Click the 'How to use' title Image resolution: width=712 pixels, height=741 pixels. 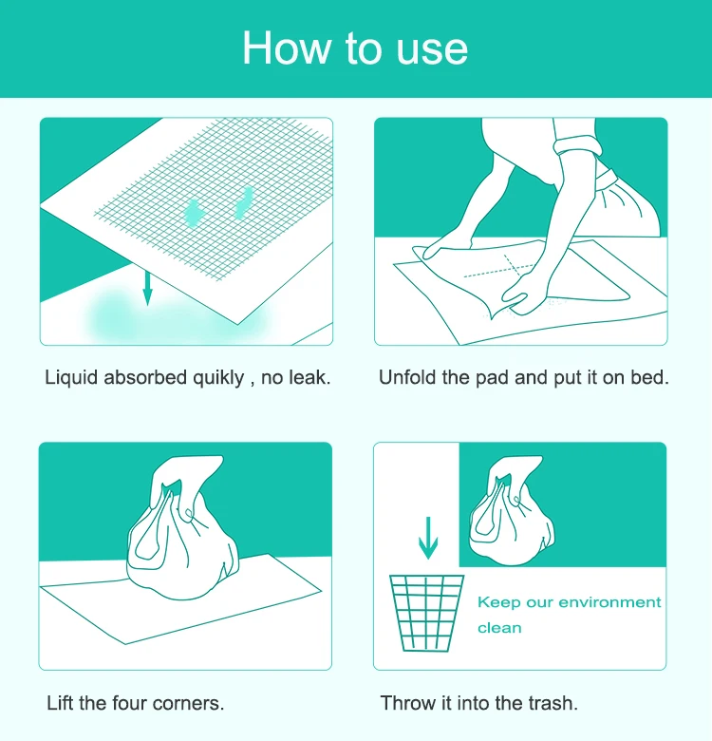[x=355, y=48]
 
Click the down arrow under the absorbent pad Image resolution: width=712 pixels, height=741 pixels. [x=148, y=288]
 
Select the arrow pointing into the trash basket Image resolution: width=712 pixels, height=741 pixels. [x=428, y=539]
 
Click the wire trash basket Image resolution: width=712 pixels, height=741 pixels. [x=427, y=613]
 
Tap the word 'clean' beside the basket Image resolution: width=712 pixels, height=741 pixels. [x=499, y=628]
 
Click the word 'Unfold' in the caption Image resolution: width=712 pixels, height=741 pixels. [x=407, y=377]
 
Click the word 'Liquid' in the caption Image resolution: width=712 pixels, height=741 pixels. [x=71, y=378]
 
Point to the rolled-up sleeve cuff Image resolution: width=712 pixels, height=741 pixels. [x=578, y=145]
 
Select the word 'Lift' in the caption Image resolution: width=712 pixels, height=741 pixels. [x=61, y=703]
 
